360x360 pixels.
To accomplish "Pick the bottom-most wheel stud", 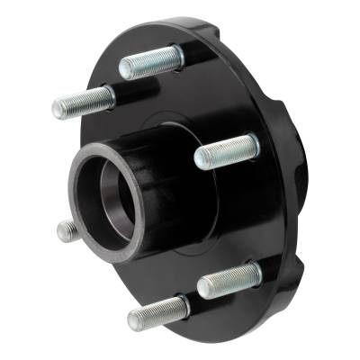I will (x=157, y=313).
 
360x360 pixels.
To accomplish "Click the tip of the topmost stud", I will (x=124, y=68).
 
